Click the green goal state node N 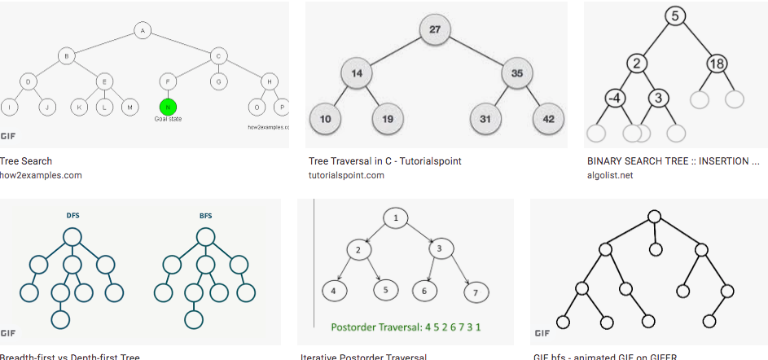coord(168,107)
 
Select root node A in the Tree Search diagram coord(143,31)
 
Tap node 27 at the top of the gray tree coord(435,30)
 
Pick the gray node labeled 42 coord(548,119)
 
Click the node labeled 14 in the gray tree coord(356,73)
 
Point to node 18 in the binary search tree coord(718,64)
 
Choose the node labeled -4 coord(615,99)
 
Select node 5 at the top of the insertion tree coord(675,15)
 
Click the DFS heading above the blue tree coord(73,216)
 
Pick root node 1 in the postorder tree coord(396,218)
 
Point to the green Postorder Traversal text coord(405,328)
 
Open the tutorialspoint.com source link coord(345,175)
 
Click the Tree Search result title coord(27,161)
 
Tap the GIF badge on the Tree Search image coord(9,135)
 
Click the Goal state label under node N coord(168,119)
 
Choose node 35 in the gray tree coord(516,73)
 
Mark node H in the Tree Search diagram coord(268,81)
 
